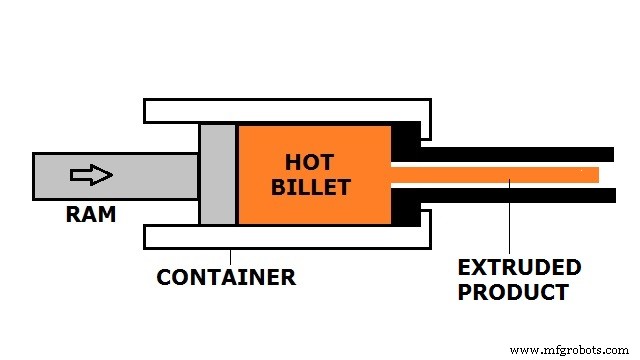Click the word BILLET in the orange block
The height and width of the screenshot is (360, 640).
click(314, 186)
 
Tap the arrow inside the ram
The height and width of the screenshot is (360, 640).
click(91, 175)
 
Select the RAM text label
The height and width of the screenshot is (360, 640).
click(91, 213)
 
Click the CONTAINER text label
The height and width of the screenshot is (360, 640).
click(226, 277)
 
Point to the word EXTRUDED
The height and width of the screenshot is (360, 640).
click(519, 267)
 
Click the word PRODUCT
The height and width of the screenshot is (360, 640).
click(513, 292)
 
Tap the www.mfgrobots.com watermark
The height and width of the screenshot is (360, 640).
click(570, 350)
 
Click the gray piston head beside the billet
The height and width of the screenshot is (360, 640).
click(217, 174)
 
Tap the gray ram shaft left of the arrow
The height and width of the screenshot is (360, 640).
click(50, 175)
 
